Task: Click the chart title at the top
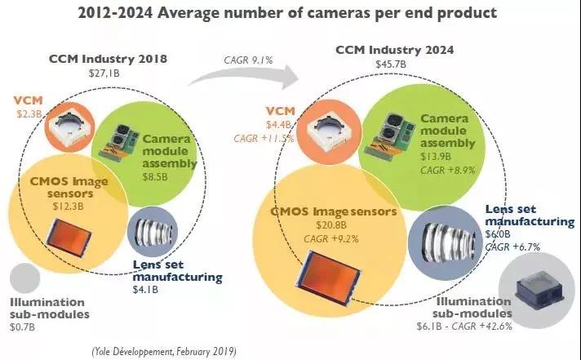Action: point(290,14)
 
